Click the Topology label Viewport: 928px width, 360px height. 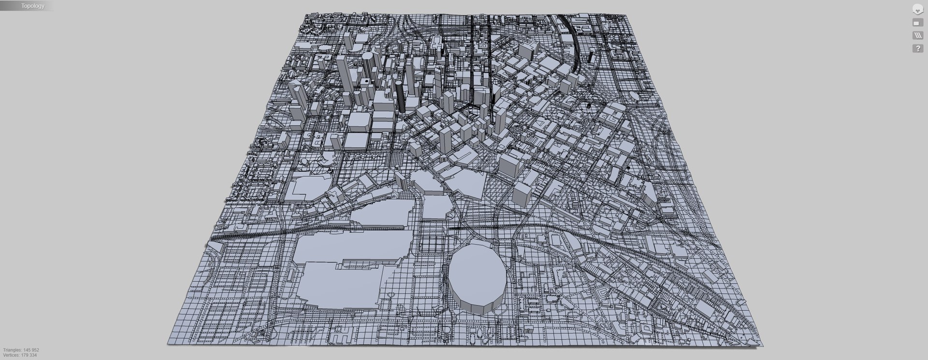tap(33, 6)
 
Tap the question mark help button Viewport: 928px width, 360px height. tap(917, 48)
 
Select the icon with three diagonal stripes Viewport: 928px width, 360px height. tap(917, 35)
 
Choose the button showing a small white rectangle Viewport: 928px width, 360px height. tap(917, 23)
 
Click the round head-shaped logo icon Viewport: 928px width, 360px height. tap(917, 9)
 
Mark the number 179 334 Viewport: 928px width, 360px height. tap(29, 355)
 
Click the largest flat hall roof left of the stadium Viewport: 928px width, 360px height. tap(333, 280)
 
